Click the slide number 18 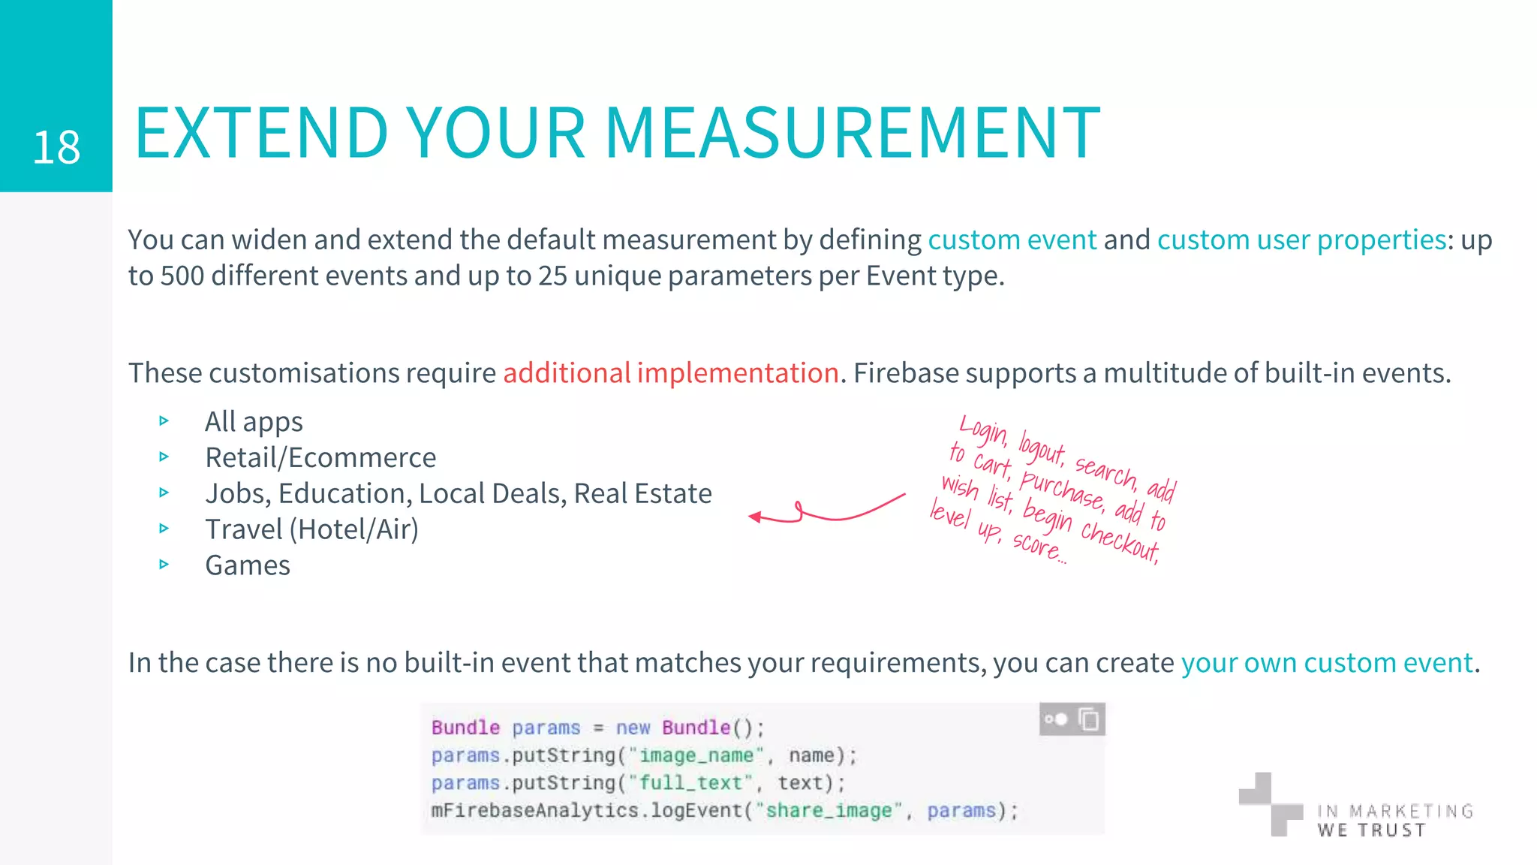pyautogui.click(x=56, y=147)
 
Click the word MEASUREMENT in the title pyautogui.click(x=852, y=134)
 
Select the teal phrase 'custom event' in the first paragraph pyautogui.click(x=1012, y=240)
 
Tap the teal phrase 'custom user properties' pyautogui.click(x=1301, y=240)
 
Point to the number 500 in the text pyautogui.click(x=182, y=276)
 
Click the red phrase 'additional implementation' pyautogui.click(x=670, y=372)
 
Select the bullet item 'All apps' pyautogui.click(x=254, y=421)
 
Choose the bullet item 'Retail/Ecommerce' pyautogui.click(x=320, y=457)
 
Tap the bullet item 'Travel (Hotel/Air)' pyautogui.click(x=311, y=529)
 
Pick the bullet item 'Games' pyautogui.click(x=248, y=565)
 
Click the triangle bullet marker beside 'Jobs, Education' pyautogui.click(x=164, y=493)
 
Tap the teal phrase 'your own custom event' pyautogui.click(x=1327, y=662)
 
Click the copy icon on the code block pyautogui.click(x=1088, y=719)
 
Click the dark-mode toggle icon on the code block pyautogui.click(x=1055, y=719)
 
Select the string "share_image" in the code pyautogui.click(x=829, y=811)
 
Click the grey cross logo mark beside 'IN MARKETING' pyautogui.click(x=1270, y=804)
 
